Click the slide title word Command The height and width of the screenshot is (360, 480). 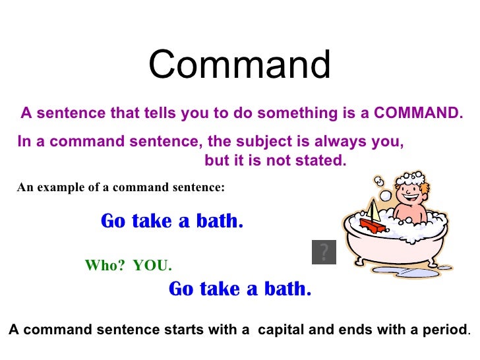239,65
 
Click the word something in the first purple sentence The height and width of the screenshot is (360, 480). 297,113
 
